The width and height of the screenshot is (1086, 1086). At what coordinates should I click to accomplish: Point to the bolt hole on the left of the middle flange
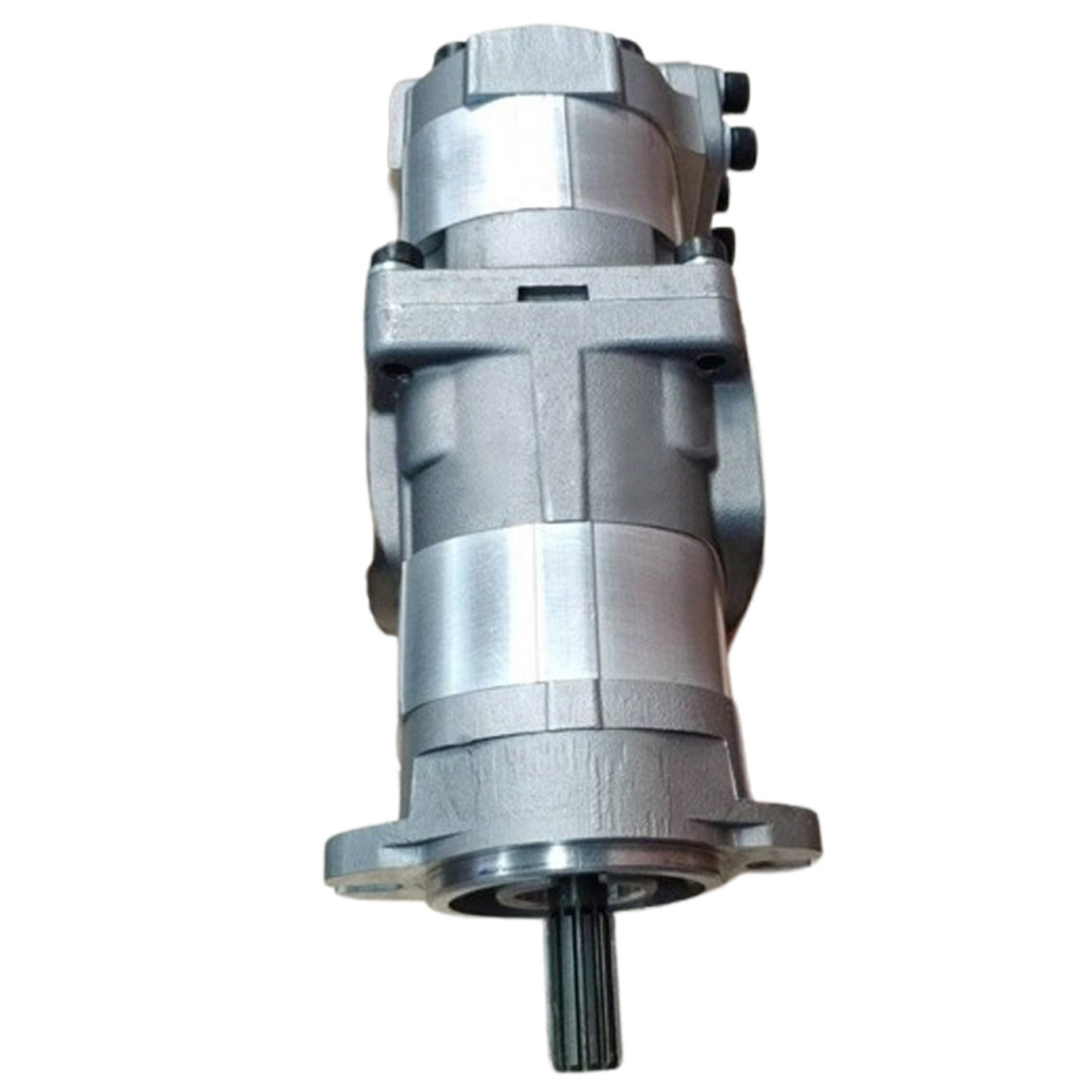click(x=391, y=370)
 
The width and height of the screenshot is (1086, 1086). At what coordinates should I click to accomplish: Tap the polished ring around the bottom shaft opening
click(x=579, y=869)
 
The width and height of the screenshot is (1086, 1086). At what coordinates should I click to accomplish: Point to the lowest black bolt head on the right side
click(x=724, y=242)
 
